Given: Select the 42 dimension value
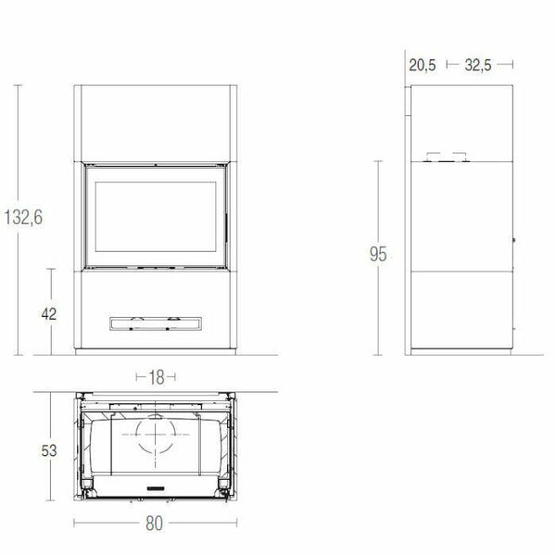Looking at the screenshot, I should tap(49, 313).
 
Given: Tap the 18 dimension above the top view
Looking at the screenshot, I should tap(157, 377).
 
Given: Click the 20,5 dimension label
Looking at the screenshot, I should tap(422, 65).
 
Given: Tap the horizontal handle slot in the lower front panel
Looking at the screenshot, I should tap(156, 322).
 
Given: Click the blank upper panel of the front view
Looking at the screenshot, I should tap(156, 123).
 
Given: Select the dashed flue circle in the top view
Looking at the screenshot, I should tap(157, 434).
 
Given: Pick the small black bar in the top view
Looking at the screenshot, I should tap(157, 486).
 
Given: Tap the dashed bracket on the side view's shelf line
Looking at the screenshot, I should tap(446, 158).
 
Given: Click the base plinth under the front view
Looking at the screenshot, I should tap(156, 353).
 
